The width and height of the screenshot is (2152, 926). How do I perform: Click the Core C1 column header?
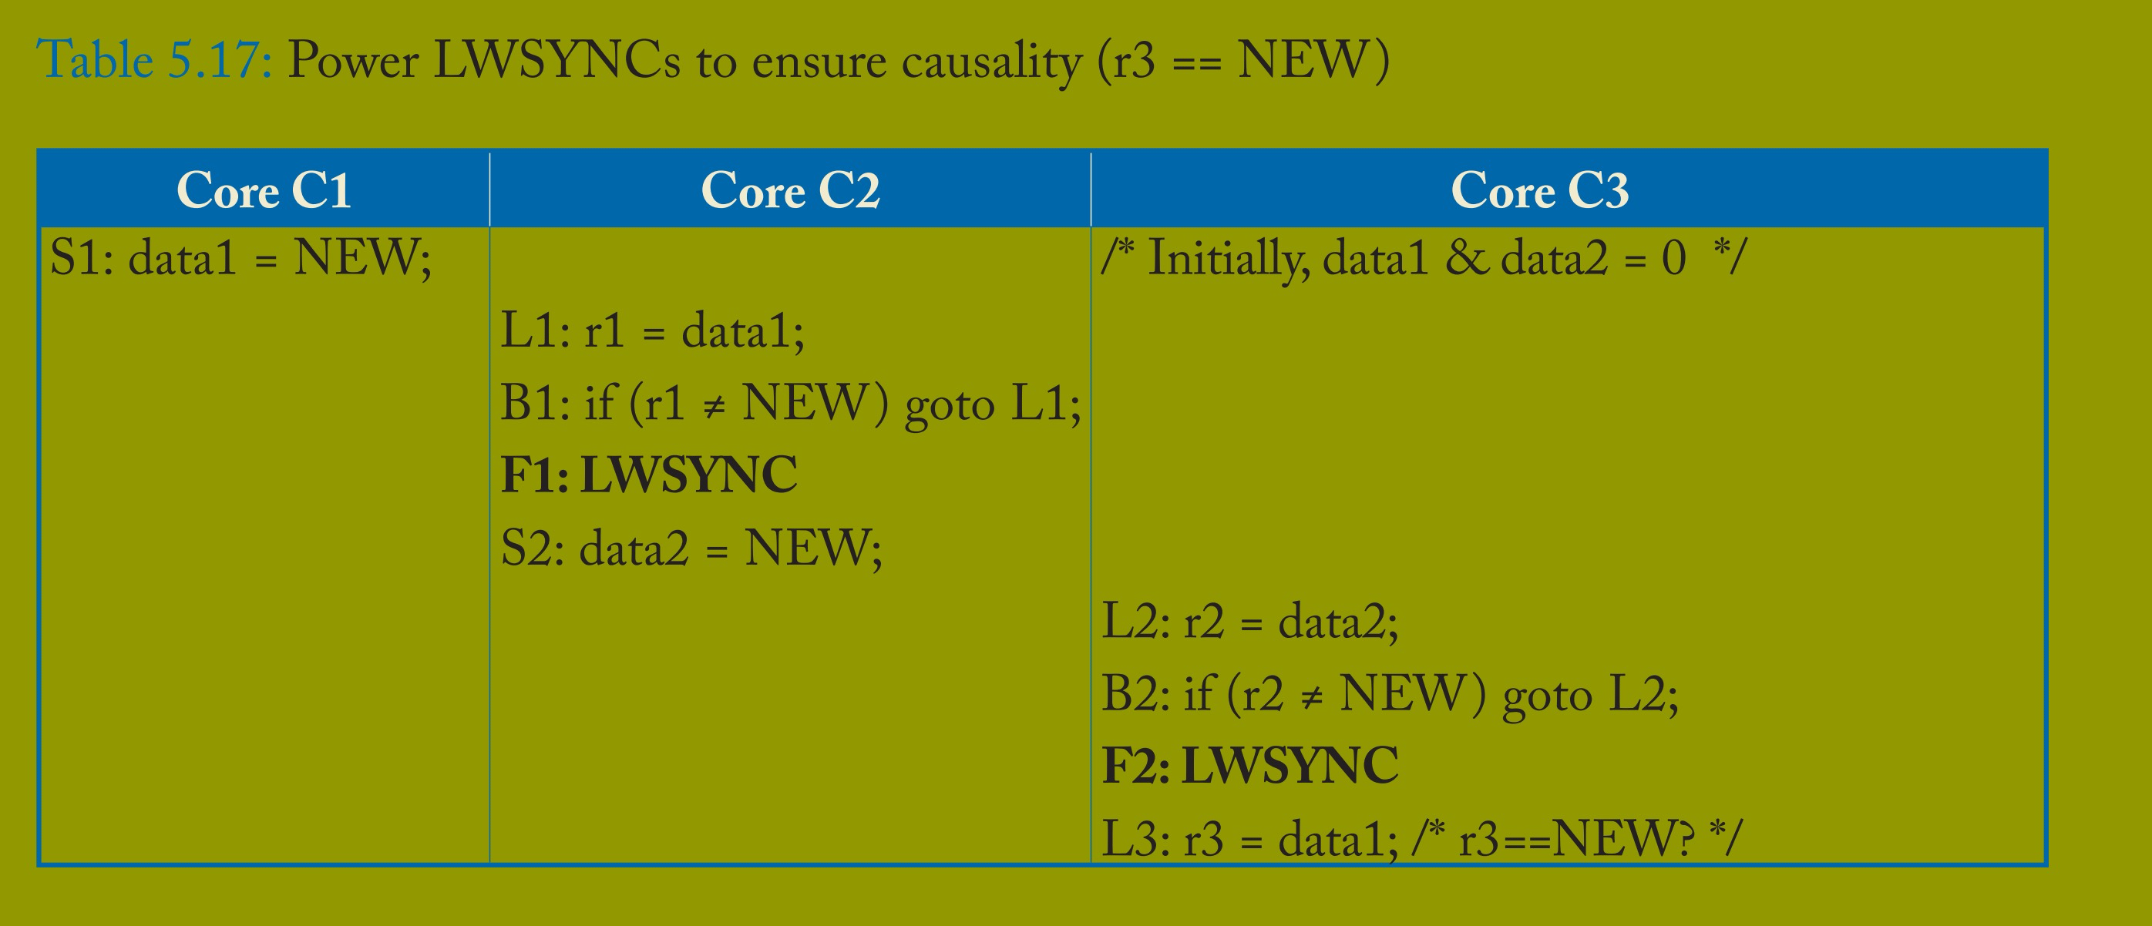coord(263,190)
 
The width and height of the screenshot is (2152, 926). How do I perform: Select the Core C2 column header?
coord(789,190)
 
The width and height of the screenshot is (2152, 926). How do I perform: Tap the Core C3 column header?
coord(1540,190)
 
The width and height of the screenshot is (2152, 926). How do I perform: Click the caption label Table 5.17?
coord(155,60)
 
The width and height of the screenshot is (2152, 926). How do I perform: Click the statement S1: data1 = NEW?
coord(240,258)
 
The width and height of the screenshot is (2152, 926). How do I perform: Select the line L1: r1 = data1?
coord(651,330)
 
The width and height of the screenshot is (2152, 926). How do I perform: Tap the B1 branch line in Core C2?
coord(789,404)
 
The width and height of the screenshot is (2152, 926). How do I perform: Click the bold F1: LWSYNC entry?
coord(648,475)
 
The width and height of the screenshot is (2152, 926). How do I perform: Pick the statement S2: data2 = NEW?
coord(691,549)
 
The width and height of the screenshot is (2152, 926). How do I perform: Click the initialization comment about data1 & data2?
coord(1423,258)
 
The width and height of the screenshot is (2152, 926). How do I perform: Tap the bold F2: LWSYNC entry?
coord(1249,766)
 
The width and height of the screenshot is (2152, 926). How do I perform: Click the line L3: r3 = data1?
coord(1249,838)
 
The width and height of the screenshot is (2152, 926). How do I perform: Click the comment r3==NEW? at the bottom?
coord(1577,838)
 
